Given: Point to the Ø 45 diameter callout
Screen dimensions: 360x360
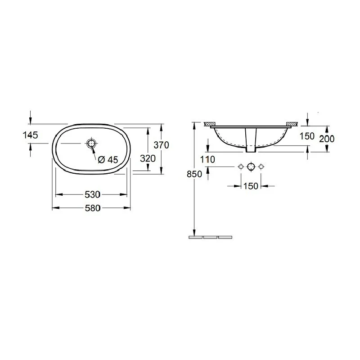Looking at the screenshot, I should pos(108,159).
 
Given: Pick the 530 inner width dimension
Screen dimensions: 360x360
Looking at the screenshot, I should pos(91,194).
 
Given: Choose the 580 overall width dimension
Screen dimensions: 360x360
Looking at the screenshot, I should pos(91,207).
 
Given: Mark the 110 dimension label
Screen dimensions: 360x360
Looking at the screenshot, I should pos(208,159).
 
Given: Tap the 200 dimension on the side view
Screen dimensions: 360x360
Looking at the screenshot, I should pos(327,139).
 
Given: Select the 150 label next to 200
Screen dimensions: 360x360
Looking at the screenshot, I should pos(307,136).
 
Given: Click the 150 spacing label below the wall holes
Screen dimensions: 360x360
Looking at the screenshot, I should pos(251,185).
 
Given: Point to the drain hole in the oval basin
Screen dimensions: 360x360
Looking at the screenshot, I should pos(91,143).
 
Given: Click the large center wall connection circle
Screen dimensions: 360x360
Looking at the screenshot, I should pos(251,167).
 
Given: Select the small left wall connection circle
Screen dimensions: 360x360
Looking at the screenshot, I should pos(241,167).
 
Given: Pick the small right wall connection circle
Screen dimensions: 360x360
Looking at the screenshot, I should pos(261,167).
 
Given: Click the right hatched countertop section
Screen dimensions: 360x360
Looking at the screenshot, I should pos(291,123).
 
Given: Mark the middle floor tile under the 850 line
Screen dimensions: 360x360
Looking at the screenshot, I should pos(210,236).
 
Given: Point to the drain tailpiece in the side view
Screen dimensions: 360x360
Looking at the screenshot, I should pos(251,139).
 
